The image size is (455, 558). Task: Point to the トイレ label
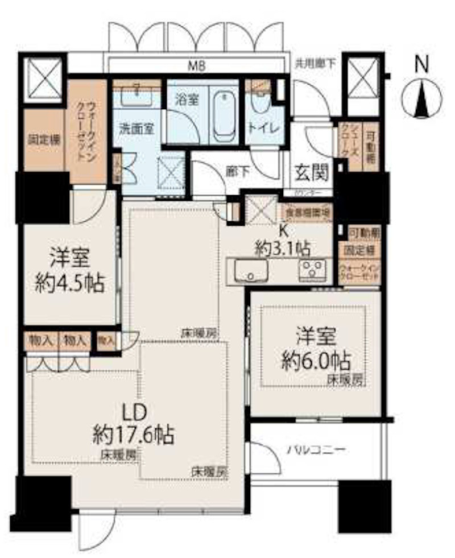coord(263,129)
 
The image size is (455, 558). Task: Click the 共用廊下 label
coord(315,64)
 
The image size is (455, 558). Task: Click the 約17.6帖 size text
coord(134,436)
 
